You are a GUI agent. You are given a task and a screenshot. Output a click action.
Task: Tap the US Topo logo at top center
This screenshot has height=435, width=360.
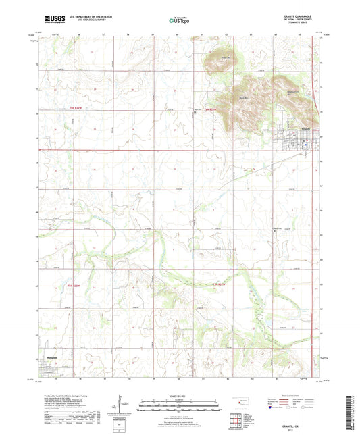[179, 21]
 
